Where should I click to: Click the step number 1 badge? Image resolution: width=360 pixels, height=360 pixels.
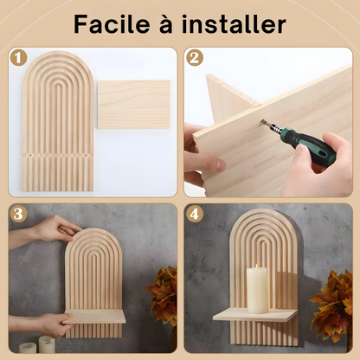18,58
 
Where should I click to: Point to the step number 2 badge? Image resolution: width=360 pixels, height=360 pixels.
195,58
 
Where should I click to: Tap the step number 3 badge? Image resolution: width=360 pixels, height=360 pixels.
18,214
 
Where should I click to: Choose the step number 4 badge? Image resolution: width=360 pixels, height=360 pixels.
195,214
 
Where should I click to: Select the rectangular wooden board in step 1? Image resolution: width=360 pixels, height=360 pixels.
132,104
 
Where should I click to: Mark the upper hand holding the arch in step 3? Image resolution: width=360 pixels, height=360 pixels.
56,228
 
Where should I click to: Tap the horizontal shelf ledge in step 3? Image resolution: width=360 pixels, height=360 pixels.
95,318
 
